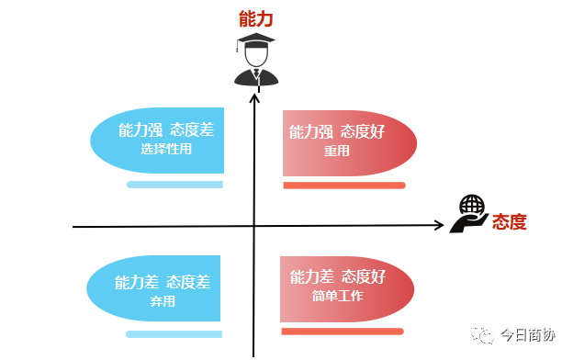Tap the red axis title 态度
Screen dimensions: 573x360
point(510,222)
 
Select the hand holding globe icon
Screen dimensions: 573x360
point(469,214)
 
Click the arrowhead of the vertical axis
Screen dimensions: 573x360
point(253,85)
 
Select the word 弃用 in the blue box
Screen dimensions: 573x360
point(162,301)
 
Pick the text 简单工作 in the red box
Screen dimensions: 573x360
point(337,296)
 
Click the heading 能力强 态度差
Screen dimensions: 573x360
point(166,130)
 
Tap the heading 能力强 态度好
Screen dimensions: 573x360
point(337,131)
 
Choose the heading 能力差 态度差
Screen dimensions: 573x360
point(163,282)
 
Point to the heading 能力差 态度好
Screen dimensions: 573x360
point(337,276)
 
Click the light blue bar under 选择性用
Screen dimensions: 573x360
point(174,185)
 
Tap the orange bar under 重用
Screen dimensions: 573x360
point(343,186)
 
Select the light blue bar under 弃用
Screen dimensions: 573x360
point(174,334)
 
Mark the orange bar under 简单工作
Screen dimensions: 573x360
point(342,332)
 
